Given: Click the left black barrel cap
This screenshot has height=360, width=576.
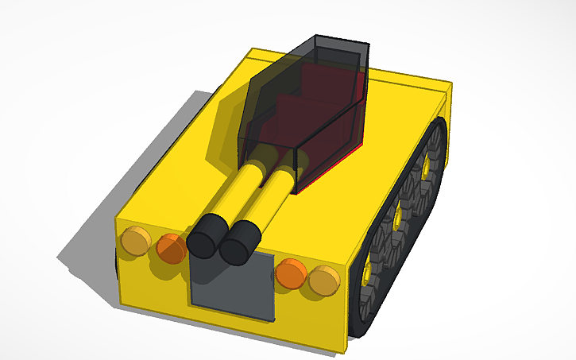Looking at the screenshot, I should pos(207,235).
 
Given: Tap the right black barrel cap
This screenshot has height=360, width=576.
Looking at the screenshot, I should pos(240,243).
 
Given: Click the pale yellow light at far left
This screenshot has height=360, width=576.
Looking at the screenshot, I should pos(134,240).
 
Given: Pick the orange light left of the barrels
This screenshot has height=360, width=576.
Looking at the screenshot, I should pos(171,249).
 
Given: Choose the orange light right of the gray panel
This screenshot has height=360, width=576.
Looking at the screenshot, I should pos(291,273).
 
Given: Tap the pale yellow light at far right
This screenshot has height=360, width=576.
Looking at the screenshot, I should pos(324,281).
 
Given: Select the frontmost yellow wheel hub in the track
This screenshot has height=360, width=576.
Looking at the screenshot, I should pos(367,273).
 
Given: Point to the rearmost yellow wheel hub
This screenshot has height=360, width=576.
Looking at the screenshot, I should pos(427,166).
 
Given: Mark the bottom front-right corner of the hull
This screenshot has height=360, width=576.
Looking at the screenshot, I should pos(346,350).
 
